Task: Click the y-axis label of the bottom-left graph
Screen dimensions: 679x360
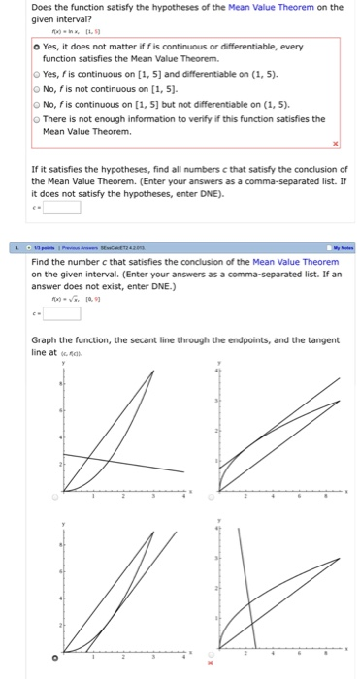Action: (65, 525)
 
